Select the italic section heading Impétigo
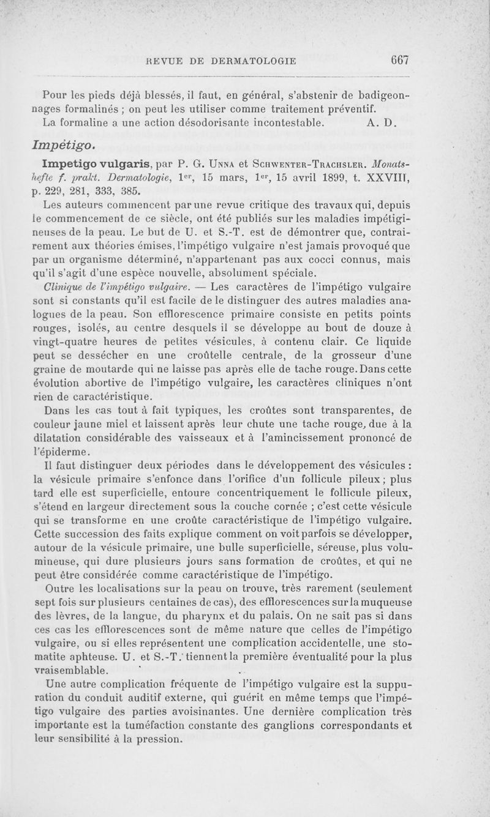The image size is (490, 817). [68, 144]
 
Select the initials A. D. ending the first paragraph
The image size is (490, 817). [382, 122]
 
